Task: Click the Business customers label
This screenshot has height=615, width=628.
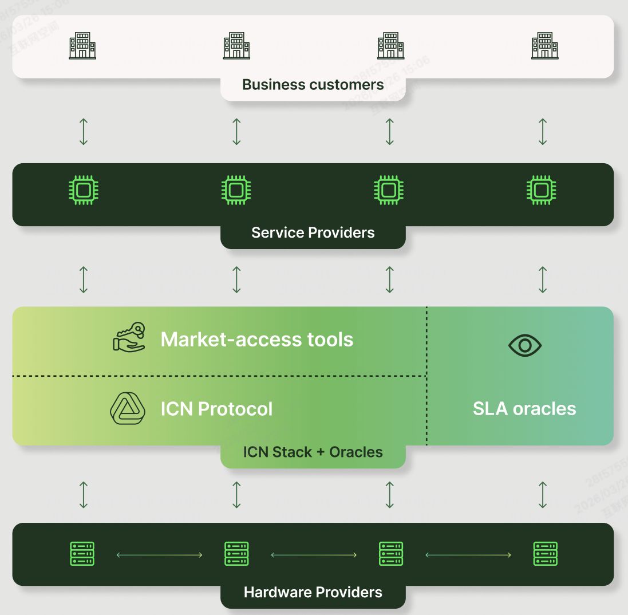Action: pos(313,85)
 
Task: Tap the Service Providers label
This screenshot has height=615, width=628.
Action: pos(313,232)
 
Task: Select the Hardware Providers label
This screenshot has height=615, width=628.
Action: pos(313,592)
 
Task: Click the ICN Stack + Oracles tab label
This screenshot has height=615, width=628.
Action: pos(313,452)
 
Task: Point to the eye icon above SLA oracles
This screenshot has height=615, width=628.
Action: pos(524,345)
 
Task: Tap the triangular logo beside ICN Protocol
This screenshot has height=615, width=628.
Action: pos(127,408)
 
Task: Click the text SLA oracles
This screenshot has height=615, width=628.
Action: pos(524,409)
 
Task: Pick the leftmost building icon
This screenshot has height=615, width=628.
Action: pos(82,45)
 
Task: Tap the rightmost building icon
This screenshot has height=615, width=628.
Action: pos(544,45)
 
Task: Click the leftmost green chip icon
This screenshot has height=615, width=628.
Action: pos(83,190)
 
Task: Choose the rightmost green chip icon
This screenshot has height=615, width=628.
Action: pos(541,190)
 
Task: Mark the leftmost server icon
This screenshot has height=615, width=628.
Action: pos(82,554)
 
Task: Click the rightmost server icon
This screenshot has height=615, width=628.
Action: pos(545,554)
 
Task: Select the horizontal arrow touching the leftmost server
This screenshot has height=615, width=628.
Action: pos(159,555)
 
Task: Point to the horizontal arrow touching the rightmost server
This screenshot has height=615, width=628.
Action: pos(468,555)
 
